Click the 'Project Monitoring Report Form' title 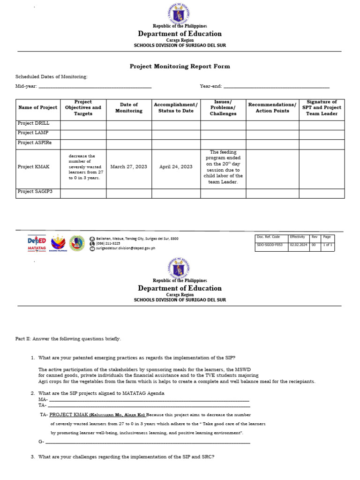tap(180, 67)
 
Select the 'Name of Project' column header tap(37, 108)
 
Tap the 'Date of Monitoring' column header tap(129, 108)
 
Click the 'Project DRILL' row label tap(33, 123)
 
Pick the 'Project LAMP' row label tap(33, 133)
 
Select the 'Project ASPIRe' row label tap(34, 142)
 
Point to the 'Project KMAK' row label tap(33, 167)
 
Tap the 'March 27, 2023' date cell tap(129, 167)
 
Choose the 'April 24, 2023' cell tap(176, 167)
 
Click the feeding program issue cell tap(223, 167)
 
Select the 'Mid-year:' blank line tap(95, 87)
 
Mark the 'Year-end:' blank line tap(277, 87)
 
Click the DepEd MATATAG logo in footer tap(37, 243)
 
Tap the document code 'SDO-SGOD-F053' tap(270, 245)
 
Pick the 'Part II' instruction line tap(68, 338)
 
